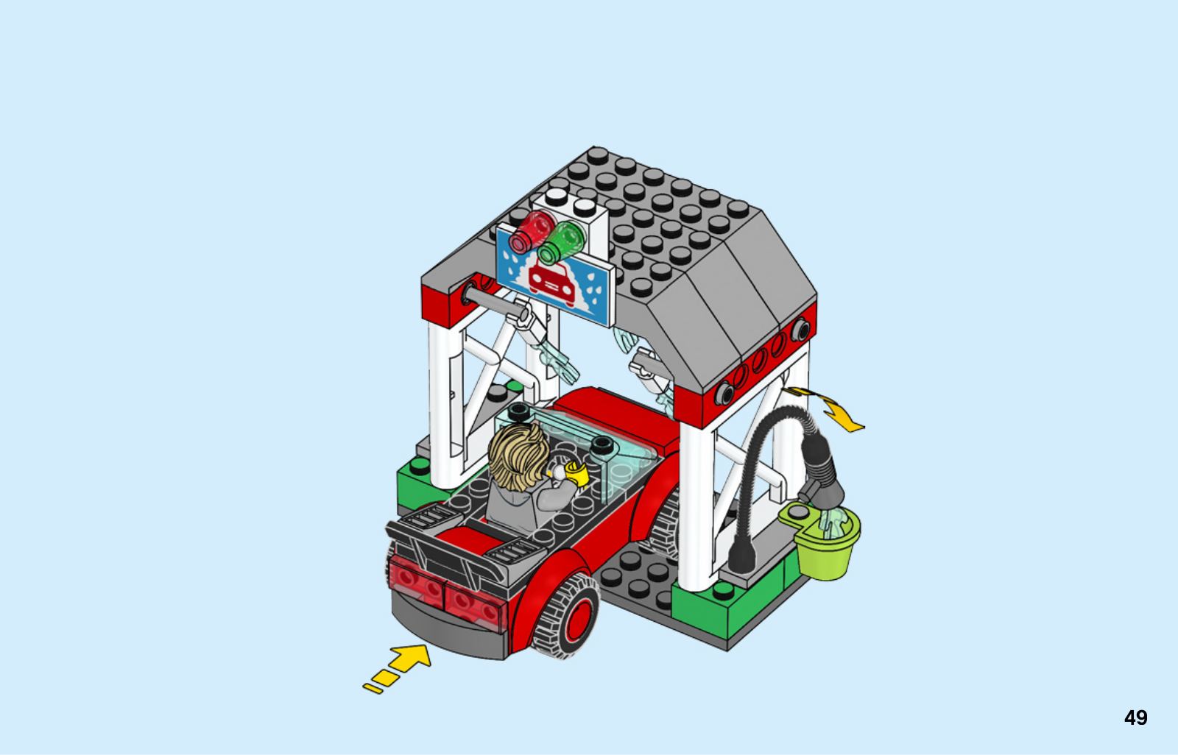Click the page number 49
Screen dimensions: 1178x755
point(1135,717)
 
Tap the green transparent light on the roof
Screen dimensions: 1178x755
point(561,243)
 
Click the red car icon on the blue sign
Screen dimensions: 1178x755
point(551,283)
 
